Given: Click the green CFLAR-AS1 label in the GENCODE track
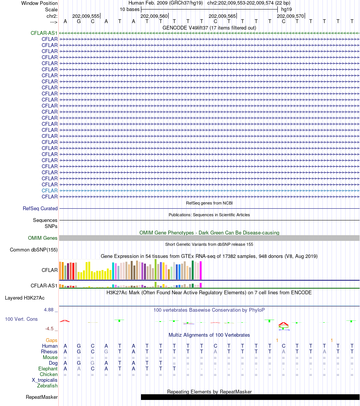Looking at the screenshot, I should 44,33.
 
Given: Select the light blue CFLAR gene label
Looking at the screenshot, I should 50,191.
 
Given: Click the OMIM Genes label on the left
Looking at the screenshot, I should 43,238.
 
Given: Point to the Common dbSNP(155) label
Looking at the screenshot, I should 34,250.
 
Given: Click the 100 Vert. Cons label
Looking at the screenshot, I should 21,319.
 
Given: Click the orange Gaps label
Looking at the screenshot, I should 52,340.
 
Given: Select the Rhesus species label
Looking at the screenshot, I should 49,352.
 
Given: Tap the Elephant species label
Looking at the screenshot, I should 48,369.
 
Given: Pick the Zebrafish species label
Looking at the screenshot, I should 47,386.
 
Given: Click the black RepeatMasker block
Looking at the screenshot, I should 250,397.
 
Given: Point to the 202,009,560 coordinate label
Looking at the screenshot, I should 154,16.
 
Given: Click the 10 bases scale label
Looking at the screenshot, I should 130,9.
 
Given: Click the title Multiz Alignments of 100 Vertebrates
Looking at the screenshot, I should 209,335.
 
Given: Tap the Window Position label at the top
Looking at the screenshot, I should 39,3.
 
